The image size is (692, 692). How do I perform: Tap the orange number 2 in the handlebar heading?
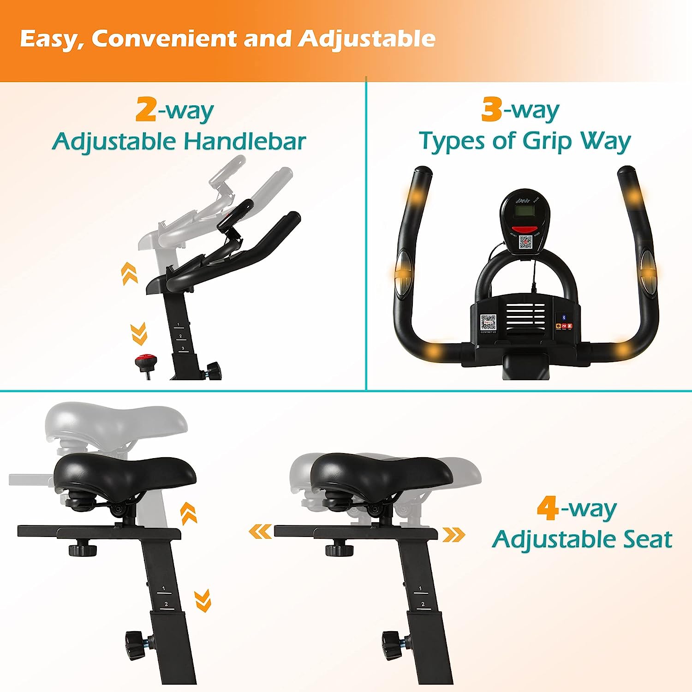(x=146, y=110)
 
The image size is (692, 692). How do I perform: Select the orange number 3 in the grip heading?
(x=491, y=109)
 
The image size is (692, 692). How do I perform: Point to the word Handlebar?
(x=245, y=141)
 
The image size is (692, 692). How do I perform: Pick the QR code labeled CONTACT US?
(x=488, y=322)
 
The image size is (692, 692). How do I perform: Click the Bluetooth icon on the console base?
(x=563, y=317)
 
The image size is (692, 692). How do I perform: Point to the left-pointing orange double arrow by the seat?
(x=261, y=532)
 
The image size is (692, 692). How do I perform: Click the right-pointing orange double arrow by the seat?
(x=454, y=535)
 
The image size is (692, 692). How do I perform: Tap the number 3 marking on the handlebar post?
(x=183, y=348)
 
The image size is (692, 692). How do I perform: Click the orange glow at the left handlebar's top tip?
(x=417, y=197)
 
